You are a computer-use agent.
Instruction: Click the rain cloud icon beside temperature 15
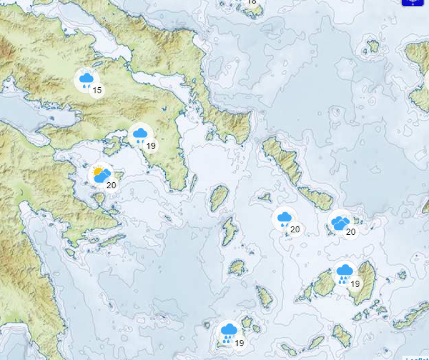(x=86, y=79)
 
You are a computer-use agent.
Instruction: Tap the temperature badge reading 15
(x=97, y=90)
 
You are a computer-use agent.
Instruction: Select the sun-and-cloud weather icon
(x=101, y=174)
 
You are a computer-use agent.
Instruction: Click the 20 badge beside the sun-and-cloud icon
(x=112, y=185)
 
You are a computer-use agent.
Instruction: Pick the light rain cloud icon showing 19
(x=140, y=135)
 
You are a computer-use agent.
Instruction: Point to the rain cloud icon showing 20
(x=284, y=219)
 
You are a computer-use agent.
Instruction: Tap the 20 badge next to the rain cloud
(x=295, y=229)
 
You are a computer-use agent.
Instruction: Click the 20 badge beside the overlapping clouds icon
(x=351, y=232)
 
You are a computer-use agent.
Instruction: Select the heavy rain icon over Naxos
(x=345, y=273)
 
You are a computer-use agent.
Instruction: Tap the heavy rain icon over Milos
(x=229, y=332)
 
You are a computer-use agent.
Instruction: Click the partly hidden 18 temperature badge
(x=252, y=2)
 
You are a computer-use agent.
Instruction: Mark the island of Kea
(x=219, y=197)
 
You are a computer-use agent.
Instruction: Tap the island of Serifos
(x=237, y=267)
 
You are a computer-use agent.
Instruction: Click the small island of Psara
(x=373, y=46)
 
